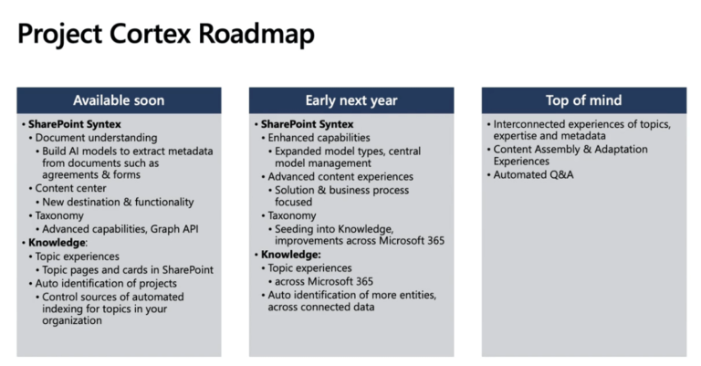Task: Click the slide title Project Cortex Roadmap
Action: [x=166, y=35]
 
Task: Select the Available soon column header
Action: [x=119, y=100]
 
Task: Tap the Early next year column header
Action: [x=350, y=100]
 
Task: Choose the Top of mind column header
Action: [x=583, y=100]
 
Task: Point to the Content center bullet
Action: [x=71, y=188]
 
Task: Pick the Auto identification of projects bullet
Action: [x=106, y=283]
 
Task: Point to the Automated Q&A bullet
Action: [x=534, y=174]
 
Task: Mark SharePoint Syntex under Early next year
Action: [x=308, y=123]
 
